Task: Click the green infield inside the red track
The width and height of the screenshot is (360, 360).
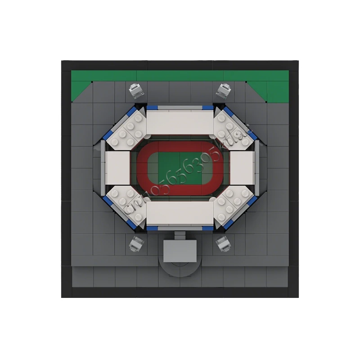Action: click(180, 166)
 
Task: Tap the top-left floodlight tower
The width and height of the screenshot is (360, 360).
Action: click(135, 91)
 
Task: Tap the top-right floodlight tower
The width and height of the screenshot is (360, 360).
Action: click(224, 90)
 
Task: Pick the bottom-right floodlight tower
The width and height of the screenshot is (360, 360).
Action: click(223, 245)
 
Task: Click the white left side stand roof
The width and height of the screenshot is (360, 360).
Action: click(118, 167)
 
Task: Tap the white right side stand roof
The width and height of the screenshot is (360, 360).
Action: click(242, 167)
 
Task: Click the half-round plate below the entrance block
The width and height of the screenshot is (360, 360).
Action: click(180, 267)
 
